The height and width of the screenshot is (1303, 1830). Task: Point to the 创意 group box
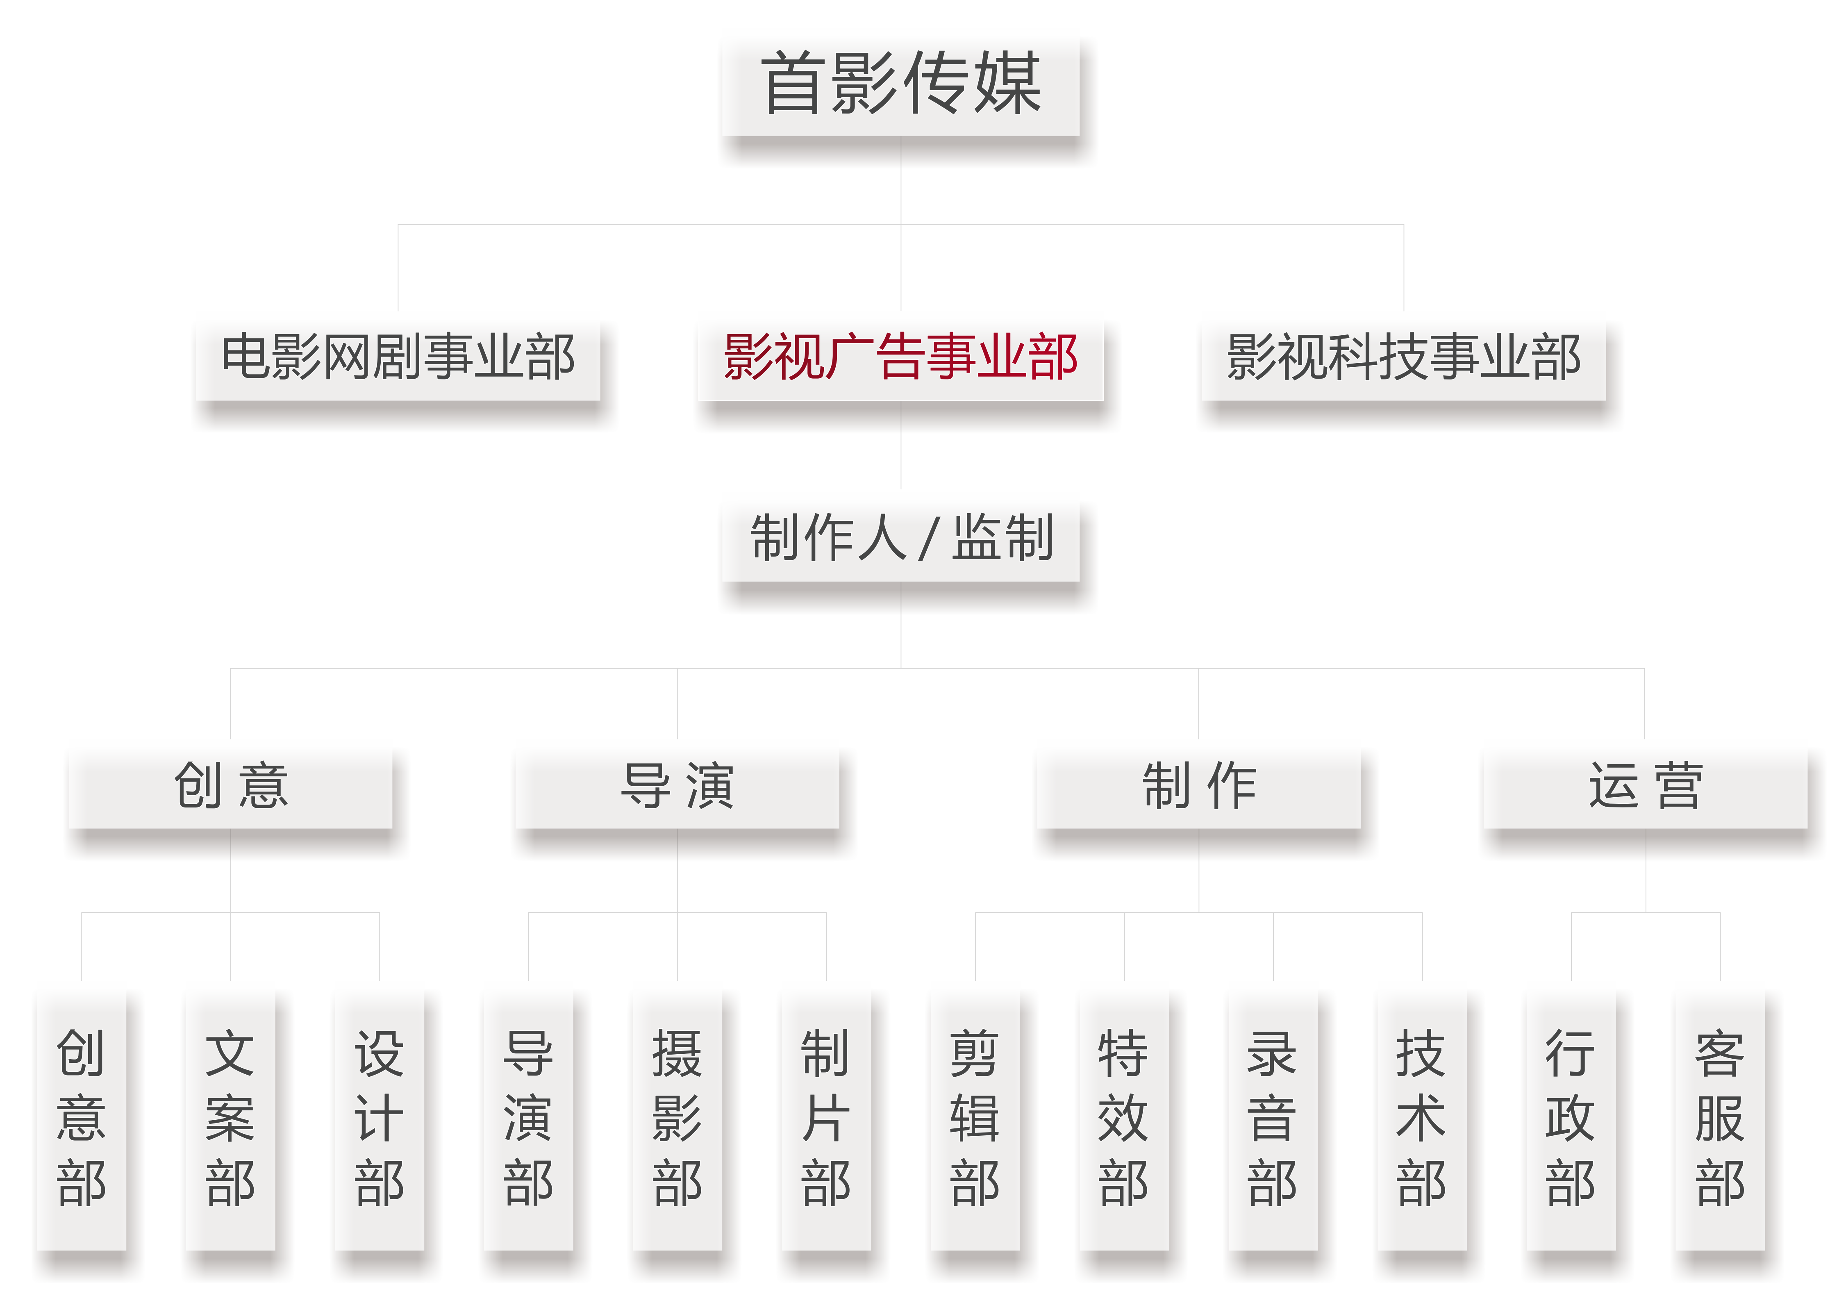pyautogui.click(x=231, y=786)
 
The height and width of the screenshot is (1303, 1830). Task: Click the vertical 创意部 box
pyautogui.click(x=81, y=1119)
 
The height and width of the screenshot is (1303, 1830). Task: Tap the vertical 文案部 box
pyautogui.click(x=230, y=1119)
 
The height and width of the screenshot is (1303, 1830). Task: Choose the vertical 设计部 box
pyautogui.click(x=379, y=1119)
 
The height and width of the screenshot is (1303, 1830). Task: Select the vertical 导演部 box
pyautogui.click(x=528, y=1119)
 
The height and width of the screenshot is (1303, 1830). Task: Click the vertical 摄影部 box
pyautogui.click(x=677, y=1119)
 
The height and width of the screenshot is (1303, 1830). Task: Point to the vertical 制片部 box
pyautogui.click(x=825, y=1119)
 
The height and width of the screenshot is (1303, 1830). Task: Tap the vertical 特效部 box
pyautogui.click(x=1123, y=1119)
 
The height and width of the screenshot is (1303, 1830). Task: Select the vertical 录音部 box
pyautogui.click(x=1273, y=1119)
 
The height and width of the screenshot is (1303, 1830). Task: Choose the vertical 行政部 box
pyautogui.click(x=1570, y=1119)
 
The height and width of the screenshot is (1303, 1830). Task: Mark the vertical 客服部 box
pyautogui.click(x=1719, y=1119)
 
